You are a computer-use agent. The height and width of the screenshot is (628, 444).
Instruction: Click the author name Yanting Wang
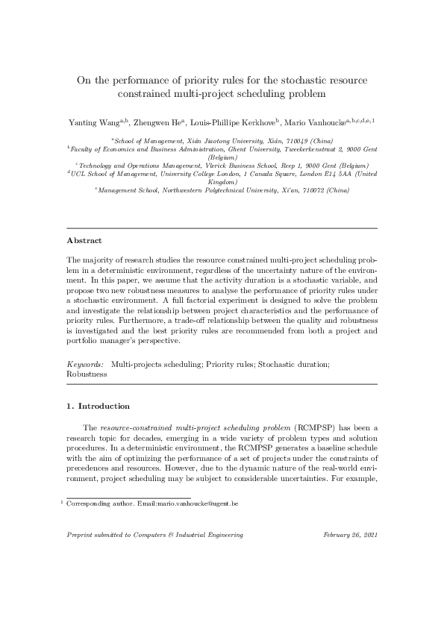pyautogui.click(x=91, y=120)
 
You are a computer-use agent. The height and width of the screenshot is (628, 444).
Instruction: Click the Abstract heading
pyautogui.click(x=84, y=241)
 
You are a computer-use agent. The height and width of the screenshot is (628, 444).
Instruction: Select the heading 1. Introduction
pyautogui.click(x=99, y=406)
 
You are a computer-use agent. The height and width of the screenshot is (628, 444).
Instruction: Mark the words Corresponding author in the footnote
pyautogui.click(x=93, y=505)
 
